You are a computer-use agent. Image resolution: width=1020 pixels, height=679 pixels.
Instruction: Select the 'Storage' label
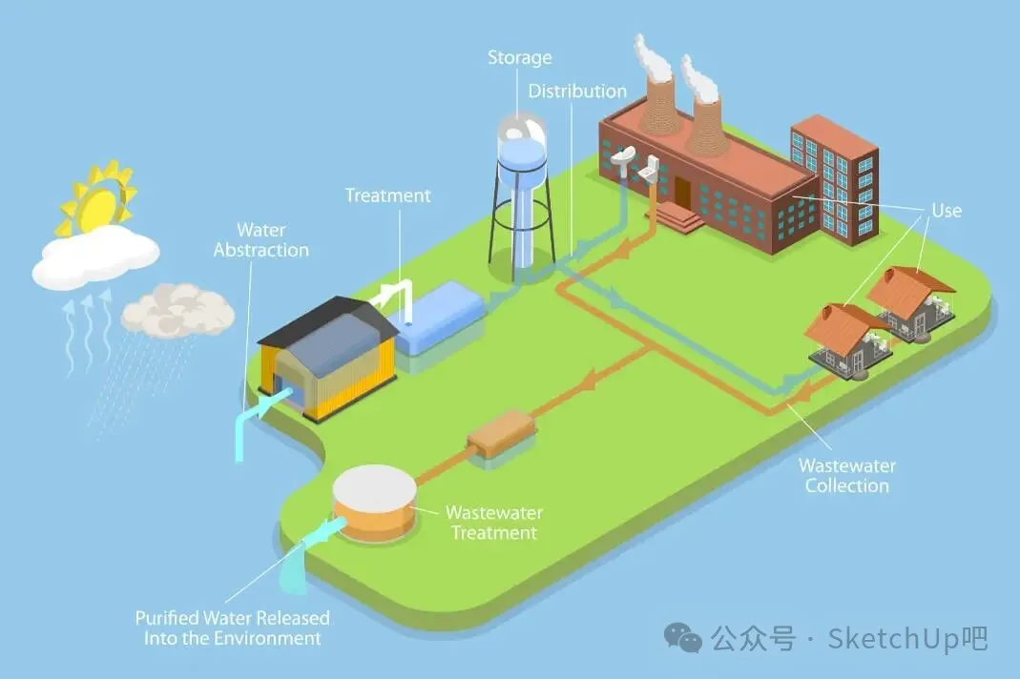coord(519,57)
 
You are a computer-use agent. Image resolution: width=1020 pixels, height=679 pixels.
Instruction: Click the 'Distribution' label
coord(577,92)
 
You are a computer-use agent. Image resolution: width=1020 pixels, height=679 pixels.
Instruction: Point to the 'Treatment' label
coord(387,195)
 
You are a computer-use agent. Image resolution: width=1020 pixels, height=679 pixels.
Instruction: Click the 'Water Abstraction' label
coord(260,239)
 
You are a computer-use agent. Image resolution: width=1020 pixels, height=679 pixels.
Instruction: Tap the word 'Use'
coord(947,210)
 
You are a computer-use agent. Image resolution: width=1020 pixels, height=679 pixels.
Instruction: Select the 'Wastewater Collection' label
coord(846,476)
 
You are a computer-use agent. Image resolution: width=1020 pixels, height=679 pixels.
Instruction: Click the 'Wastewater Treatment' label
coord(493,523)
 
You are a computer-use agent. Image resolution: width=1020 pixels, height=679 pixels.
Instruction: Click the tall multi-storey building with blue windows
coord(834,176)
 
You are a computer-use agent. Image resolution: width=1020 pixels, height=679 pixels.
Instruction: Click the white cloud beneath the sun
coord(95,256)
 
